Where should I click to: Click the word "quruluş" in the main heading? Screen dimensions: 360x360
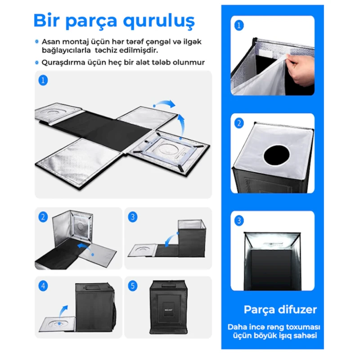(x=159, y=21)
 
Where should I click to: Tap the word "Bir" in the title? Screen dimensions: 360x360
(x=47, y=20)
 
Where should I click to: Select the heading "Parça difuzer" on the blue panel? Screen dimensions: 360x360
(x=280, y=310)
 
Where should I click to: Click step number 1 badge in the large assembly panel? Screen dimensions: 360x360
(x=43, y=81)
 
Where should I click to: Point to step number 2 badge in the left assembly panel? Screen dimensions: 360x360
(x=43, y=217)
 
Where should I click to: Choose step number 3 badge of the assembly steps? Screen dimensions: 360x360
(x=132, y=217)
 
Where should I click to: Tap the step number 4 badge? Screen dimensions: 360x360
(x=43, y=286)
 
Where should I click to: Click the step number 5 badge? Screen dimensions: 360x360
(x=132, y=286)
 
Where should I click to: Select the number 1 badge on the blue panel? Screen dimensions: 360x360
(x=239, y=25)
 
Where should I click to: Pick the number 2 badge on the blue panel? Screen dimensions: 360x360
(x=239, y=123)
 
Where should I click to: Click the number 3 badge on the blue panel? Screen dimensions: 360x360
(x=239, y=220)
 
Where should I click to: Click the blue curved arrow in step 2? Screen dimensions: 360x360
(x=85, y=248)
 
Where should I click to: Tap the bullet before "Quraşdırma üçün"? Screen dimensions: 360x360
(x=37, y=63)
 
